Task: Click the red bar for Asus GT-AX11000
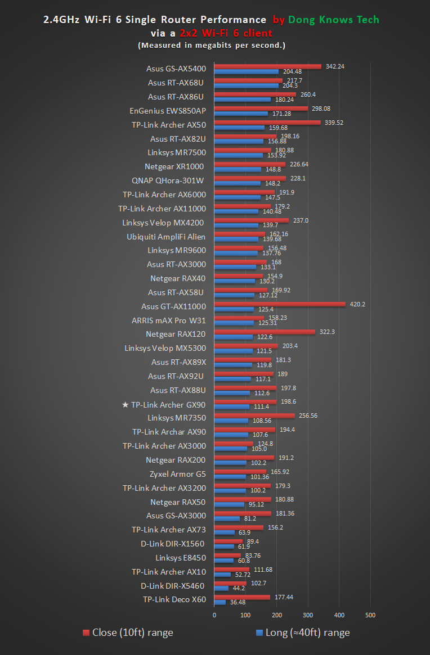pyautogui.click(x=280, y=304)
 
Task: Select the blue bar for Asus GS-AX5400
pyautogui.click(x=247, y=71)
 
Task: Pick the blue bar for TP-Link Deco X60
pyautogui.click(x=220, y=602)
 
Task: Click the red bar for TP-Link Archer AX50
pyautogui.click(x=267, y=123)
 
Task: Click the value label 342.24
pyautogui.click(x=335, y=66)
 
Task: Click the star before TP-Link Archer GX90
pyautogui.click(x=125, y=405)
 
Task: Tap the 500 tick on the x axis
pyautogui.click(x=370, y=615)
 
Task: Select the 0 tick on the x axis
pyautogui.click(x=214, y=615)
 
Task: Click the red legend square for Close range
pyautogui.click(x=86, y=633)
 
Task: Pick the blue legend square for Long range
pyautogui.click(x=259, y=633)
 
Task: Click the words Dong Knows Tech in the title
pyautogui.click(x=333, y=20)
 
